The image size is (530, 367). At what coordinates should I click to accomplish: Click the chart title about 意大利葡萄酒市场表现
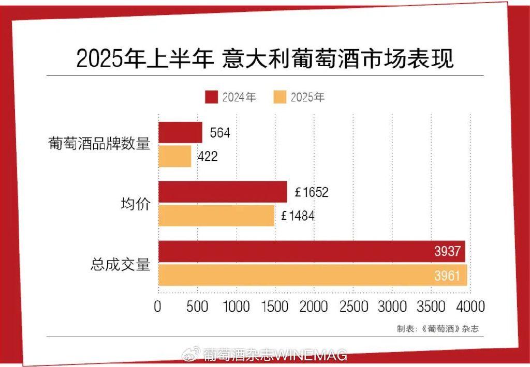click(x=265, y=58)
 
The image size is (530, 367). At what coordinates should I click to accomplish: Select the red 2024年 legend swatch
click(x=211, y=97)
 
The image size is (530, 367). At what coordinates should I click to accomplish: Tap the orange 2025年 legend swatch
click(x=279, y=97)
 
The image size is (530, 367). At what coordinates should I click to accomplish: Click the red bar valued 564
click(x=180, y=132)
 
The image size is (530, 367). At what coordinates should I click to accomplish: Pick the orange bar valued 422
click(x=174, y=157)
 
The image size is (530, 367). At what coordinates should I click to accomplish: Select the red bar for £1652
click(x=223, y=192)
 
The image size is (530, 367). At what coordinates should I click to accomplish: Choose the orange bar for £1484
click(x=216, y=216)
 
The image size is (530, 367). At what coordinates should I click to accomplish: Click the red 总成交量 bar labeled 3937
click(x=311, y=251)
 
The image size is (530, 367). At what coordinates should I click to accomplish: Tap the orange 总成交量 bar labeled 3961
click(x=312, y=275)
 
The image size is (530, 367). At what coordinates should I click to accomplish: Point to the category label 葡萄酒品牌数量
click(x=99, y=144)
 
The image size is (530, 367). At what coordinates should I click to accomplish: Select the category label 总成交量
click(x=120, y=264)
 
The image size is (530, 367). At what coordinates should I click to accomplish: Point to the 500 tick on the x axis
click(x=197, y=307)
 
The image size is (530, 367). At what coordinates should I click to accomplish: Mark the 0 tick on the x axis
click(x=158, y=307)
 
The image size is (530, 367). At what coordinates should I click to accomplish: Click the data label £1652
click(x=312, y=192)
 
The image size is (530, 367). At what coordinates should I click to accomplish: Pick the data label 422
click(x=207, y=157)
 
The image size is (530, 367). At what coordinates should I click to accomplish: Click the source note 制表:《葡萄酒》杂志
click(x=435, y=328)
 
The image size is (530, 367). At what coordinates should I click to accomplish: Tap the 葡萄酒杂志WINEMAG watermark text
click(x=274, y=355)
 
